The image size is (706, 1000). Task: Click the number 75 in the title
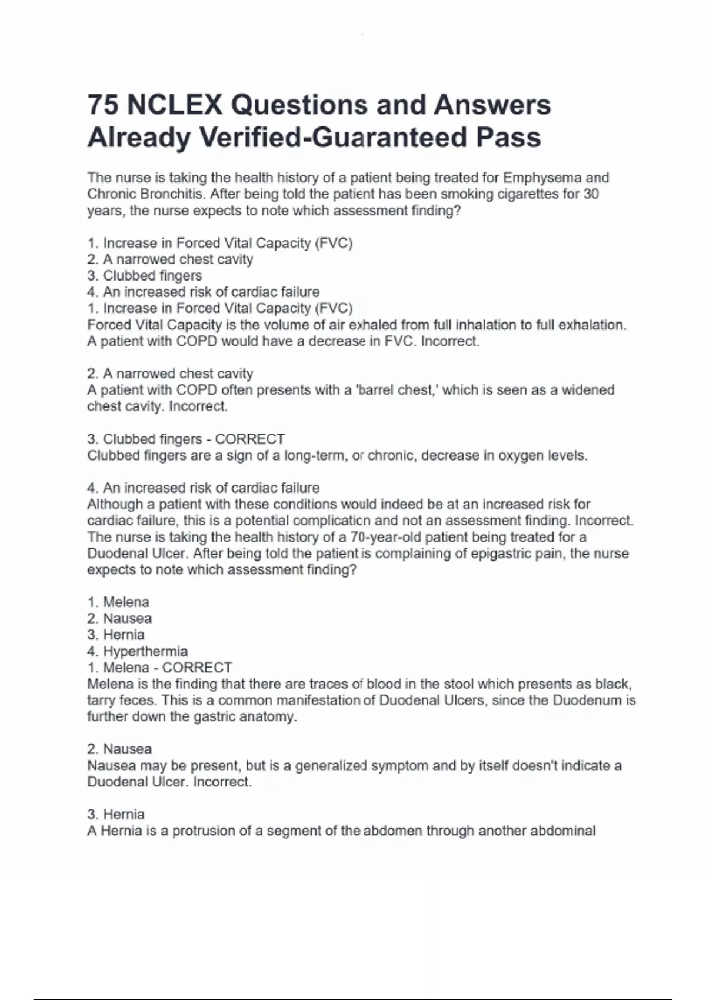[x=103, y=105]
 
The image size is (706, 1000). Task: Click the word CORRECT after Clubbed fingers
[x=250, y=439]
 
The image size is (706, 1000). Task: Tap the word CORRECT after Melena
[x=197, y=668]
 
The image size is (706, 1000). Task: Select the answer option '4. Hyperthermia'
[x=138, y=651]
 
